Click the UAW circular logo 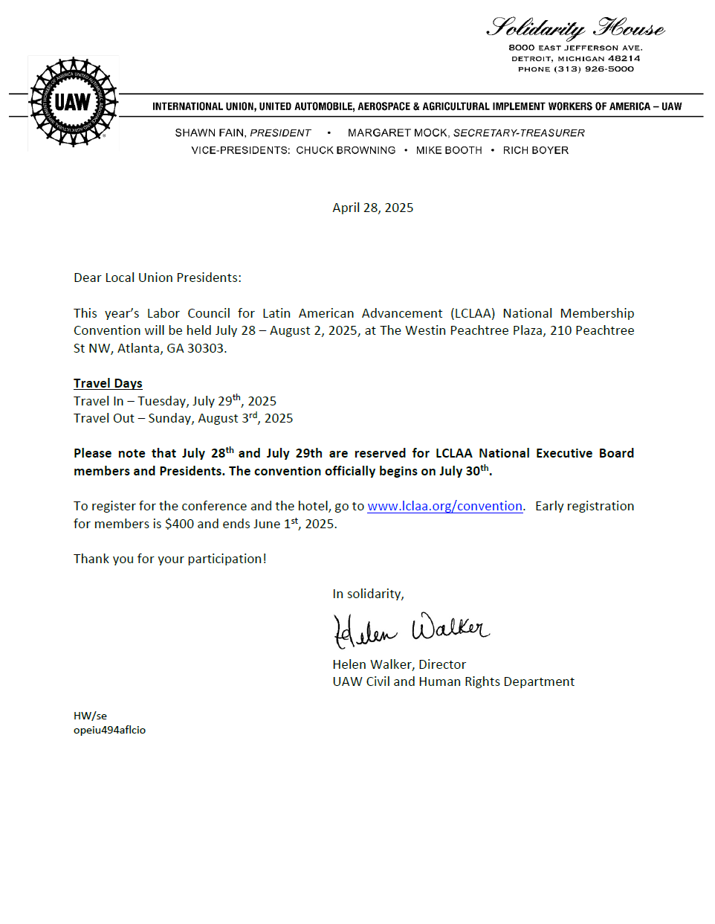73,102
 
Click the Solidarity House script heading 575,28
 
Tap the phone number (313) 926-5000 593,69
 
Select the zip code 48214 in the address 624,58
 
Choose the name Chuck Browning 346,150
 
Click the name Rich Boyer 535,150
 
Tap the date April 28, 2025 372,208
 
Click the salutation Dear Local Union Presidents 157,277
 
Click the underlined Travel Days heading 108,383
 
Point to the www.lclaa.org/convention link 444,506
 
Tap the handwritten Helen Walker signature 410,629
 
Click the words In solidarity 368,594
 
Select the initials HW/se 90,716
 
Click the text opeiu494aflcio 109,730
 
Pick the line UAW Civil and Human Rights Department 453,681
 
